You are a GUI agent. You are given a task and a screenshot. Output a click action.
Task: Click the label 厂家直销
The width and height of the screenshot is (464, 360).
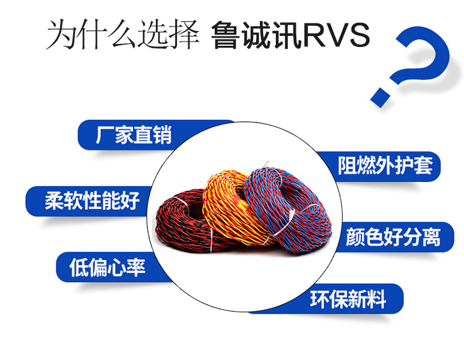point(134,135)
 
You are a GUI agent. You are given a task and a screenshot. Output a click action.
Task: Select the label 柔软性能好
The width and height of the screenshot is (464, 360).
point(92,200)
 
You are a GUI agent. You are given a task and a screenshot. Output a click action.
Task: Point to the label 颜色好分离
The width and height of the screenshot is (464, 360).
point(393,237)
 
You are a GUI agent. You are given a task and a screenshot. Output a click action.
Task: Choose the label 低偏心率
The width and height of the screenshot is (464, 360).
point(108,267)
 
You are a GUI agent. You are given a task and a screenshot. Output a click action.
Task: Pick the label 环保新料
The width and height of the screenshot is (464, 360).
point(348,299)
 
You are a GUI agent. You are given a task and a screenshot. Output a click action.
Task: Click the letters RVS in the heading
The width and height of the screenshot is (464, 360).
point(336,35)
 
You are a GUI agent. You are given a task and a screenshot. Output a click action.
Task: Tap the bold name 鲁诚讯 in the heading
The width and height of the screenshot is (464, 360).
point(256,35)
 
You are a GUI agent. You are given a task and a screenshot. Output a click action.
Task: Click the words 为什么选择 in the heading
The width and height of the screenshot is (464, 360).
point(122,34)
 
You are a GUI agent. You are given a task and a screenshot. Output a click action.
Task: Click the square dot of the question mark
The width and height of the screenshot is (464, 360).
point(380,96)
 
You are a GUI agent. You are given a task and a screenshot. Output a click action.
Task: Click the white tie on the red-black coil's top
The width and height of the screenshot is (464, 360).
point(180,200)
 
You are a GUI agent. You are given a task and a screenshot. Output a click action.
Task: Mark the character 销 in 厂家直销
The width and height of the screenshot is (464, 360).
point(162,135)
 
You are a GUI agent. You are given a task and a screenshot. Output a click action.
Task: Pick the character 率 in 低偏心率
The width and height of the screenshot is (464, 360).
point(136,267)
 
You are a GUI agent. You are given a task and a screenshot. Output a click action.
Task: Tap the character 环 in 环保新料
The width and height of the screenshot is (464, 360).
point(320,299)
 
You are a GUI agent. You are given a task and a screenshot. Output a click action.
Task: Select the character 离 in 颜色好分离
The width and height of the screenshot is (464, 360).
point(431,237)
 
